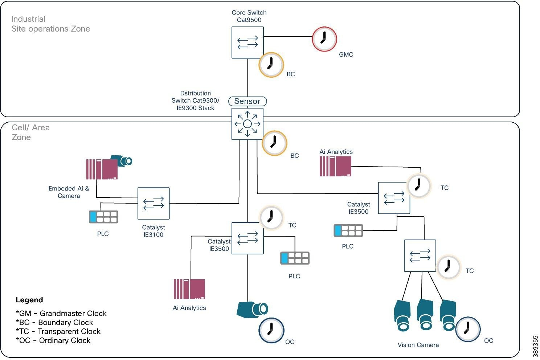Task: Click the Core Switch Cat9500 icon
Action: pos(247,42)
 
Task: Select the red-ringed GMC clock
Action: pos(324,39)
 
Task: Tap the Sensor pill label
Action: pos(247,101)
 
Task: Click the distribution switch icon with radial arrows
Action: pos(247,124)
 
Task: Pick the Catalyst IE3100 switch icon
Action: pos(154,203)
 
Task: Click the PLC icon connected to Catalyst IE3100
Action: pos(103,217)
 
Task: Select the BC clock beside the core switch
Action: pos(271,65)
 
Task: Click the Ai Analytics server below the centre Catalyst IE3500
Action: pos(189,289)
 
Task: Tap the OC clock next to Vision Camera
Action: pos(468,330)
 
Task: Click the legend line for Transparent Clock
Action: pos(58,331)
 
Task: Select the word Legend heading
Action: pos(29,300)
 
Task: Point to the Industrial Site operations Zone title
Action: pos(50,24)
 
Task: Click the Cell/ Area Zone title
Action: pos(30,132)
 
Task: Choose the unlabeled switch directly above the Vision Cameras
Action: pos(420,255)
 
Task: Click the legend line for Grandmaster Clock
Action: pos(61,313)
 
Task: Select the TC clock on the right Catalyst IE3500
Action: pos(418,186)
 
